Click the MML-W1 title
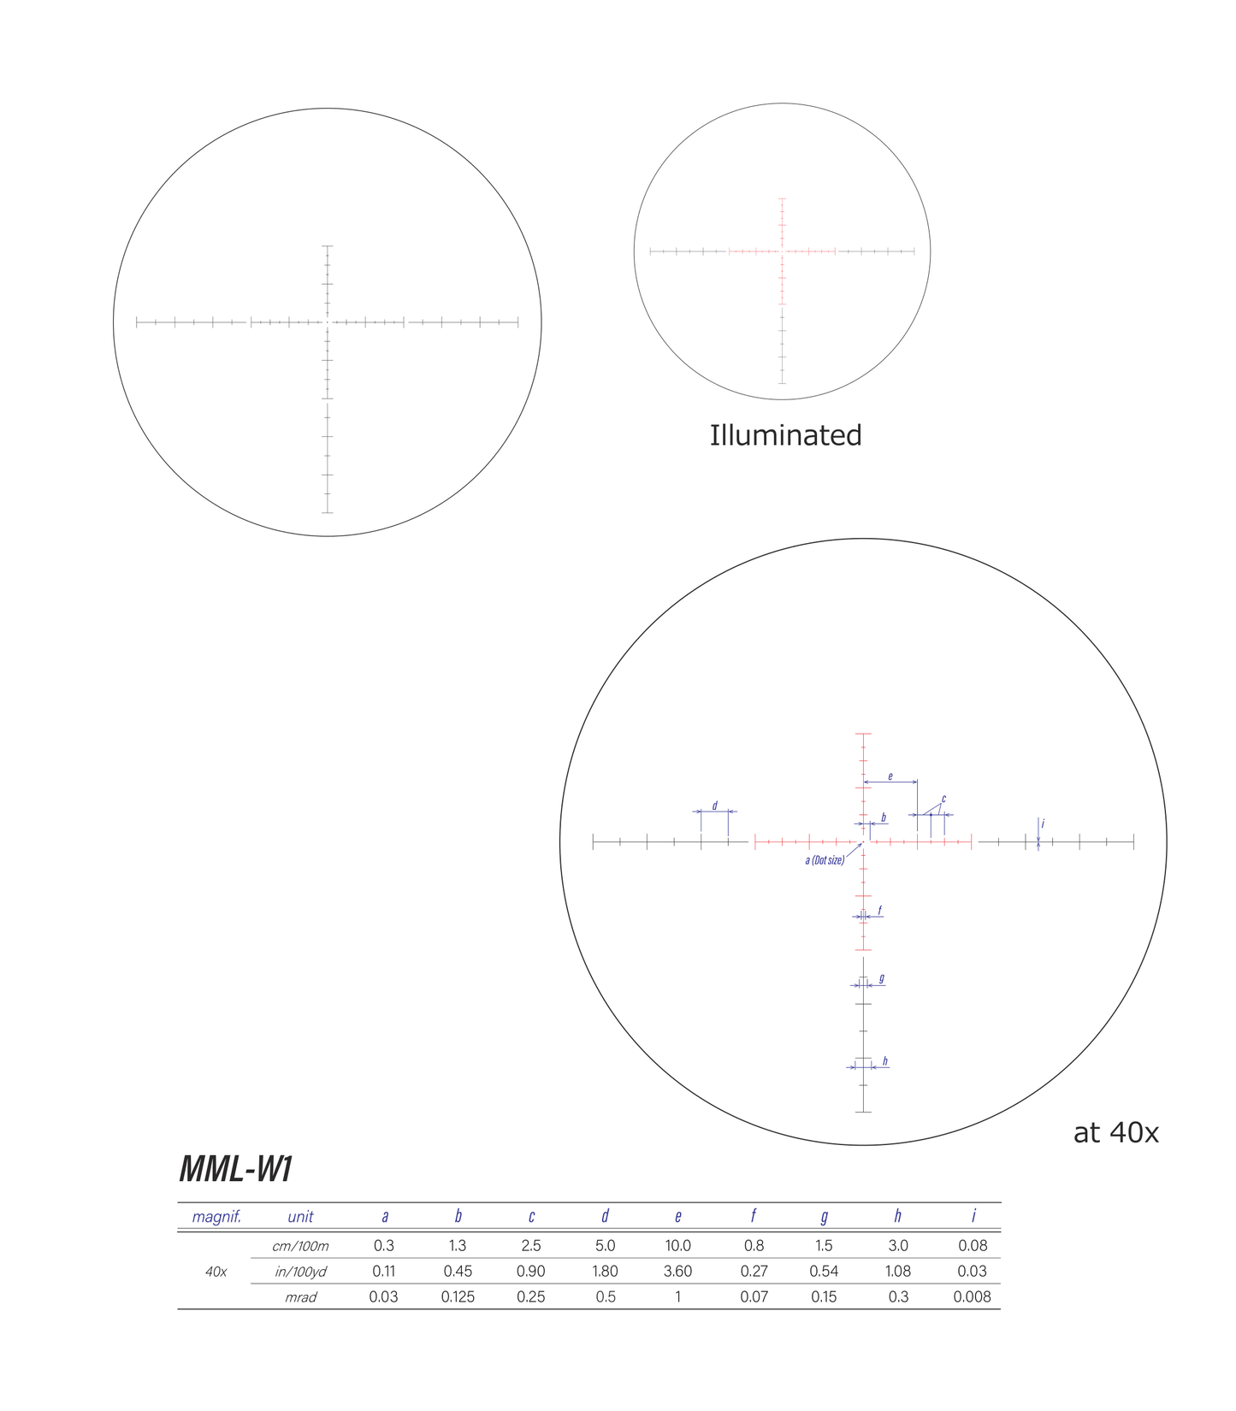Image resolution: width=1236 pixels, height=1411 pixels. tap(236, 1169)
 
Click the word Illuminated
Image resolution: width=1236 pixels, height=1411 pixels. tap(785, 435)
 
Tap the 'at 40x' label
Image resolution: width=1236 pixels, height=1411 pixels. tap(1115, 1133)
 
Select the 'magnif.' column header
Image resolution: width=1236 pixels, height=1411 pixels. tap(216, 1217)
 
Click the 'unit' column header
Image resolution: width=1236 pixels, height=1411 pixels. tap(300, 1217)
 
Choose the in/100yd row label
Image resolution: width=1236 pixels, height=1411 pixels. tap(300, 1272)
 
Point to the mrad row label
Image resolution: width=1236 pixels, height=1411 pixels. tap(300, 1297)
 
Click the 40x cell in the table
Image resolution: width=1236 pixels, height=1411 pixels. tap(216, 1272)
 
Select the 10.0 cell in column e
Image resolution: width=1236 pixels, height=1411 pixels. tap(677, 1246)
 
